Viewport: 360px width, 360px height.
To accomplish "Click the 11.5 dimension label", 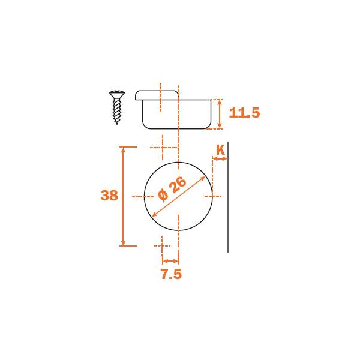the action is coord(245,113).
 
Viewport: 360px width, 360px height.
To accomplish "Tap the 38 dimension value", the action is coord(109,196).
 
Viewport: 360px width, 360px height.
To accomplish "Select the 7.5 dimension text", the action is coord(171,274).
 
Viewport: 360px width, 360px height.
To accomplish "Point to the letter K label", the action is coord(220,150).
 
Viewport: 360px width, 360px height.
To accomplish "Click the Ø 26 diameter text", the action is coord(172,189).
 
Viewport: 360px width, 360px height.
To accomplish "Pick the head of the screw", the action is coord(117,94).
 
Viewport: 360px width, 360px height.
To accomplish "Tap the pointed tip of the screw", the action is coord(117,123).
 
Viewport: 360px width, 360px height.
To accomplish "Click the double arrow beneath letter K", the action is coord(220,158).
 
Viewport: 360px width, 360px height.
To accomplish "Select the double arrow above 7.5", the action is coord(170,261).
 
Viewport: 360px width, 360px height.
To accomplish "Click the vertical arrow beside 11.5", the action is coord(220,114).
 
